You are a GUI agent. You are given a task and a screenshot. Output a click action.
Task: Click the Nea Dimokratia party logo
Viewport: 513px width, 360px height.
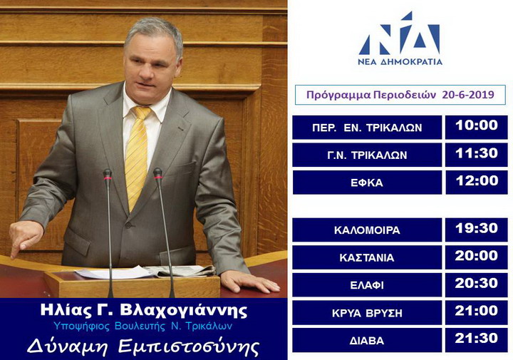point(400,38)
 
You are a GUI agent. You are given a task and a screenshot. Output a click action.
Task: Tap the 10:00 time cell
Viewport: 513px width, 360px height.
point(477,127)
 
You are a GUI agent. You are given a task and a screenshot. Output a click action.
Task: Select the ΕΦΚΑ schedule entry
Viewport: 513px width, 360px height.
point(367,182)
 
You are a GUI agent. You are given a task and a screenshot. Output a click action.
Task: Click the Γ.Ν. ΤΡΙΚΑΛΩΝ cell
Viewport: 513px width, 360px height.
point(367,155)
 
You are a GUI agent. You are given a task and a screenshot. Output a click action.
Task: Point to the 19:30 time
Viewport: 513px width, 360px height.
point(477,230)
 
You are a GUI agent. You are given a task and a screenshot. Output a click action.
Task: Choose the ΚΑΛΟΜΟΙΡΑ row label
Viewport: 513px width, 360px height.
point(367,230)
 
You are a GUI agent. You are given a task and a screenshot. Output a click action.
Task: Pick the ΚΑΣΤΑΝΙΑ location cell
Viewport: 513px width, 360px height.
point(367,257)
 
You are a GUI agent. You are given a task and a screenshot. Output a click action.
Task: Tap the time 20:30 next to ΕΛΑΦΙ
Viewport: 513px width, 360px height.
point(477,284)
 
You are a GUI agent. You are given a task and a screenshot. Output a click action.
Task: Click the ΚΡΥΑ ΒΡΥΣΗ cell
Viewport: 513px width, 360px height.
point(367,312)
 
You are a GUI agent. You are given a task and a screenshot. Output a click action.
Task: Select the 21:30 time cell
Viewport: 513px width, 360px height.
point(477,340)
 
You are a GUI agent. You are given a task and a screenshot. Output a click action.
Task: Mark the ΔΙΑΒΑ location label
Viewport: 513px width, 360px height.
point(367,341)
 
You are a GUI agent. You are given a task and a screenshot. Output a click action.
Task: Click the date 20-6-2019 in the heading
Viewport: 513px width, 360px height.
point(468,95)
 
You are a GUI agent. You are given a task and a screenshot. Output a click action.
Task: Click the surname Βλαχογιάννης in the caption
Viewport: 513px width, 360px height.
point(184,311)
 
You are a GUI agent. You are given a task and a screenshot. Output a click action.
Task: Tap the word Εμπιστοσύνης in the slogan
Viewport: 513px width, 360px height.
point(189,346)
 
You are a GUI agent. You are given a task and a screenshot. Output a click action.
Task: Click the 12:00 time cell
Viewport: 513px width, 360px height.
point(477,182)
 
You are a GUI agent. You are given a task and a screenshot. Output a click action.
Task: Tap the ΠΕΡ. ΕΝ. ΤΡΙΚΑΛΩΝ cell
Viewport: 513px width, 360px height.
point(367,127)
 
